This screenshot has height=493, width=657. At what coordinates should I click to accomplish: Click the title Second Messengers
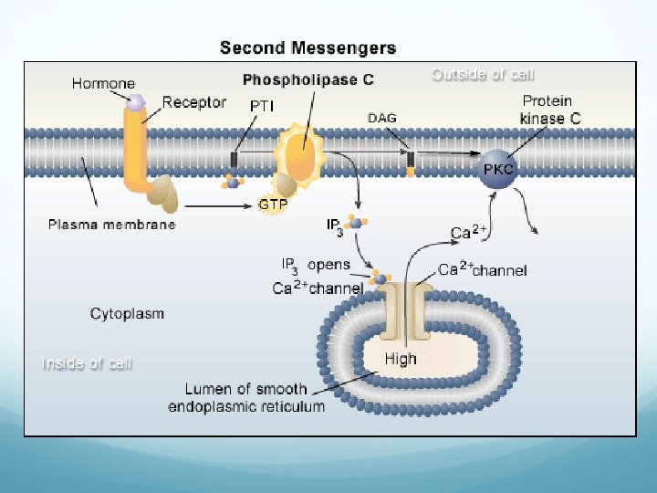(308, 47)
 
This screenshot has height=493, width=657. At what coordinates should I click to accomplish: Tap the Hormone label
(104, 83)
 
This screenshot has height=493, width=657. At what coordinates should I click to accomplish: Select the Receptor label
(194, 101)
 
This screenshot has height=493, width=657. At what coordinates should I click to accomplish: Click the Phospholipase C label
(308, 79)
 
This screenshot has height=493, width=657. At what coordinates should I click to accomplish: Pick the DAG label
(382, 117)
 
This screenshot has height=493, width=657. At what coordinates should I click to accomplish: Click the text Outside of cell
(483, 75)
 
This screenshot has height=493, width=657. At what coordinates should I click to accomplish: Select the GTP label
(273, 205)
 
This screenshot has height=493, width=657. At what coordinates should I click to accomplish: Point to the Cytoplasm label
(127, 313)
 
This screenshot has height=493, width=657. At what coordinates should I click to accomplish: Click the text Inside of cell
(88, 363)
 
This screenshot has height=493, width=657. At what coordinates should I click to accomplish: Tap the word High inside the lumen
(401, 359)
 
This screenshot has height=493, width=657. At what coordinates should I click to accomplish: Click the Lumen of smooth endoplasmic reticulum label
(246, 397)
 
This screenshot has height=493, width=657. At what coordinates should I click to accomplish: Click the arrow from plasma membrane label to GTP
(215, 205)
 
